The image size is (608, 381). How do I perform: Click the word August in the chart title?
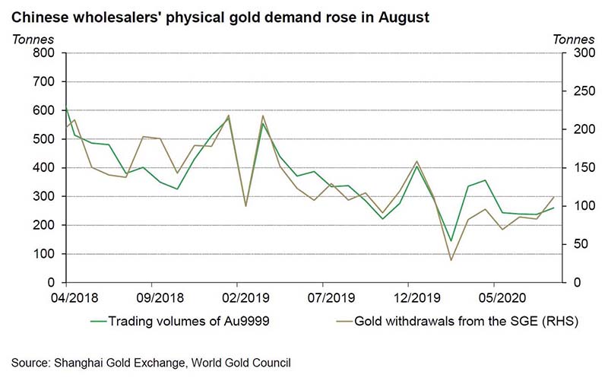coord(404,17)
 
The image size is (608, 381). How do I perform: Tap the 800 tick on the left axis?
coord(44,52)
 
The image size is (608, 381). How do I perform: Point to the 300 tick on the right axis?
coord(584,52)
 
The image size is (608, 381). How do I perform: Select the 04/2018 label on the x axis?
coord(74,298)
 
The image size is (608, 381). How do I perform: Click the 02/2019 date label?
coord(245,298)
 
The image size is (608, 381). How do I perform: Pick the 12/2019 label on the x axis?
coord(417,298)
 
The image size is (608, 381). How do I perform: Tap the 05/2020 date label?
coord(502,298)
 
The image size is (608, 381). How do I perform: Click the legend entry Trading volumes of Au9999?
coord(180,321)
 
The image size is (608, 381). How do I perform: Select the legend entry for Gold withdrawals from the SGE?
coord(458,321)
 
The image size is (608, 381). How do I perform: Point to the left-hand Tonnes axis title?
coord(33,40)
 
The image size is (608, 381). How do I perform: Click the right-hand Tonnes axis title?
coord(574,40)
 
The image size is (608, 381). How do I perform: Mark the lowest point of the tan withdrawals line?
coord(451,260)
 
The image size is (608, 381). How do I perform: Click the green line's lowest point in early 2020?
coord(451,241)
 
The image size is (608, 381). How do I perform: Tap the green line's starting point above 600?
coord(66,106)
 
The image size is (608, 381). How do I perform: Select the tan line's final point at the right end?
coord(554,198)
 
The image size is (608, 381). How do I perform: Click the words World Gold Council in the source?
coord(241,364)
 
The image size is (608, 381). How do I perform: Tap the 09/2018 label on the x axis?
coord(160,298)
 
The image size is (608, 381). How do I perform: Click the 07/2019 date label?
coord(331,298)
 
